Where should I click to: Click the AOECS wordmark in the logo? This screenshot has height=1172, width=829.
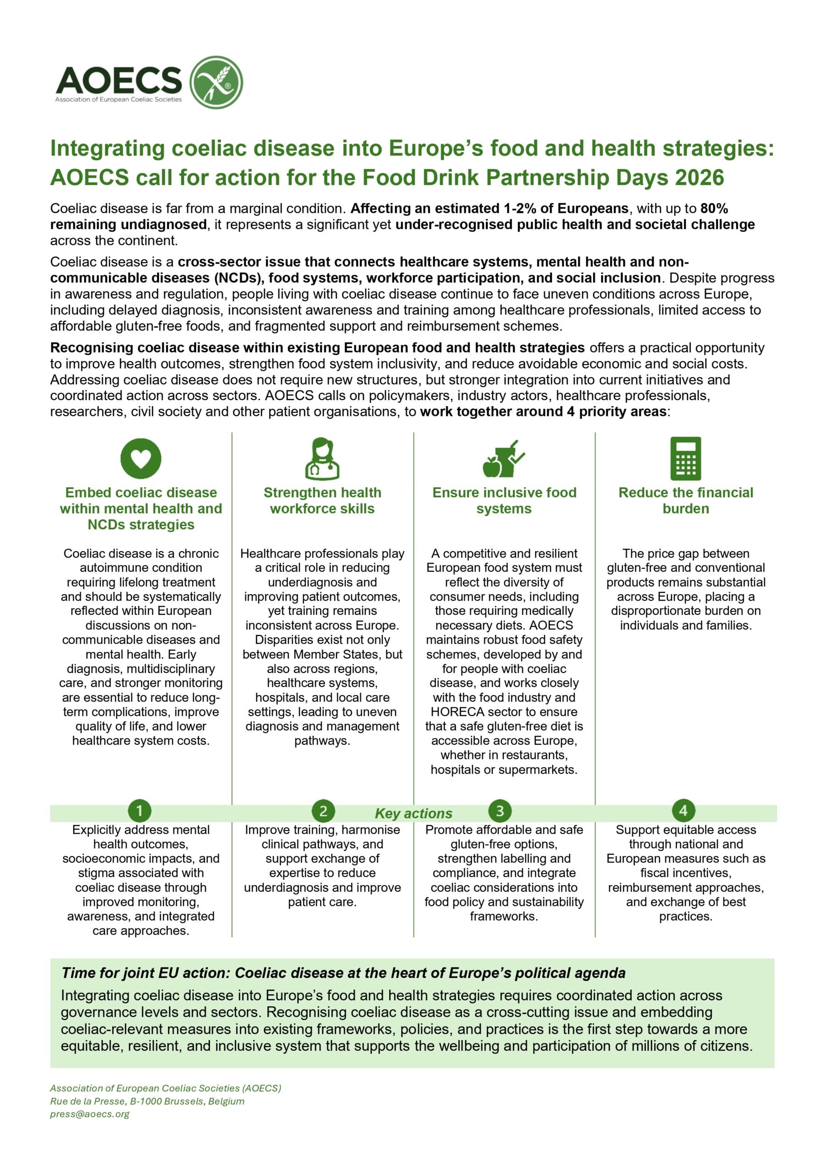(119, 80)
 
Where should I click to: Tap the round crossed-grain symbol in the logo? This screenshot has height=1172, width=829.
(216, 82)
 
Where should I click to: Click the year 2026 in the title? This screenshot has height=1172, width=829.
(699, 178)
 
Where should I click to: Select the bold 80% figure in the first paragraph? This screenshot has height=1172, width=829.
(714, 208)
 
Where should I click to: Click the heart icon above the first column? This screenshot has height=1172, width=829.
(141, 458)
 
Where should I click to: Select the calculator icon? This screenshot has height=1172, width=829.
(686, 458)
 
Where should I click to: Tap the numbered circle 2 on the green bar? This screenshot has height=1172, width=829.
(323, 811)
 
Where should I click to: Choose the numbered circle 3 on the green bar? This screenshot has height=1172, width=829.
(500, 811)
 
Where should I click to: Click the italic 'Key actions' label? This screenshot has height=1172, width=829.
(413, 813)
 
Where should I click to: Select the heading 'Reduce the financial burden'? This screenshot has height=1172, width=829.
(686, 500)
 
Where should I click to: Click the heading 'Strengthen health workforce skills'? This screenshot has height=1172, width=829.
(322, 500)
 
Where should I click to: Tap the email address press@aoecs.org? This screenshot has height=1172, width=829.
(90, 1114)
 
